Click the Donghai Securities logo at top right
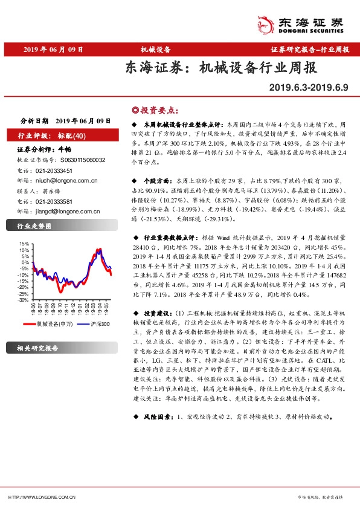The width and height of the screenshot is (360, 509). click(x=313, y=22)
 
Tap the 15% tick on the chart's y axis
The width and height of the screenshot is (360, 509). click(x=24, y=243)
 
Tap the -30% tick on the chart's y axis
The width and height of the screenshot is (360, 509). click(x=22, y=299)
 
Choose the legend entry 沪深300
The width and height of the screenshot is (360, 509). click(x=99, y=325)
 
